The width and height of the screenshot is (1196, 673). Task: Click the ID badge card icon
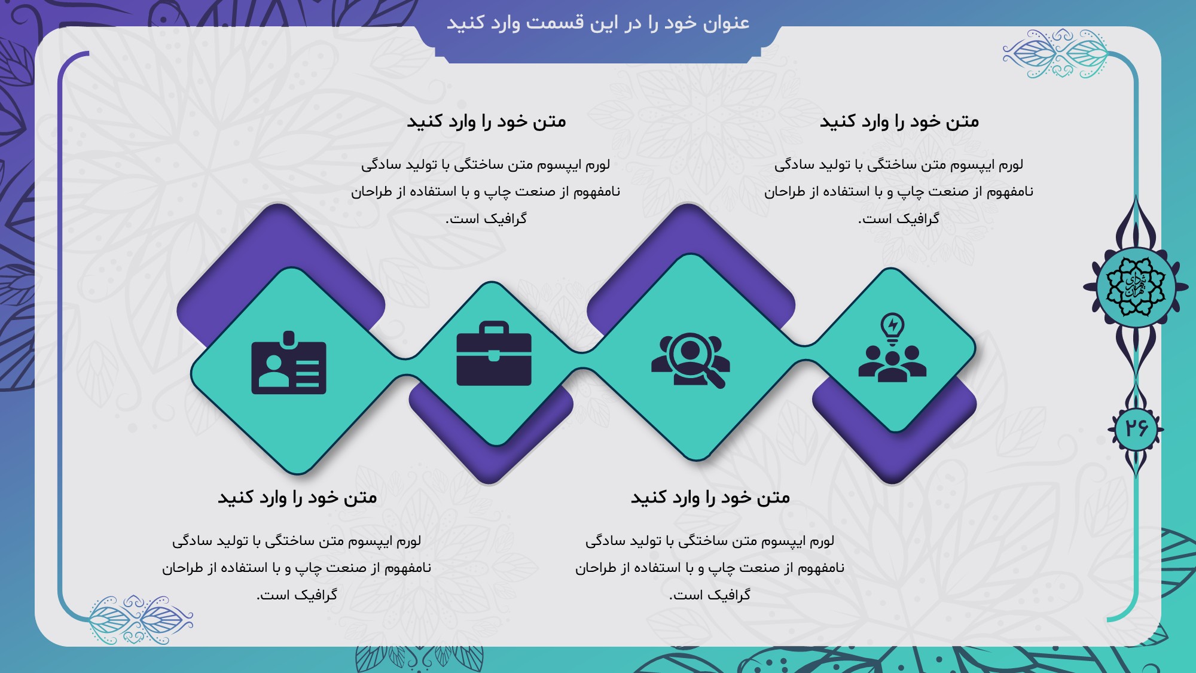point(289,363)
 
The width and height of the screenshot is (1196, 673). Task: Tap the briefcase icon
point(494,354)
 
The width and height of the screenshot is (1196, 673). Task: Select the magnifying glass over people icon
point(691,360)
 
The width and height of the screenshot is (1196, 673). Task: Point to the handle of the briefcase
point(494,328)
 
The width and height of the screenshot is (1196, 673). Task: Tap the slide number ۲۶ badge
point(1136,428)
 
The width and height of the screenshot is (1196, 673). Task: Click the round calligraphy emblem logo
point(1135,287)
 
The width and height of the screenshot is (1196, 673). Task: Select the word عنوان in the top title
point(726,23)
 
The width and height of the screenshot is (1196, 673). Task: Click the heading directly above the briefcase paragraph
point(486,121)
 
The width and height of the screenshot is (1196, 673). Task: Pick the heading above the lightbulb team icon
point(899,121)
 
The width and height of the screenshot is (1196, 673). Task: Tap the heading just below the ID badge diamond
point(297,498)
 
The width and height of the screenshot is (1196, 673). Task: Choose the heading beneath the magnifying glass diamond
point(710,498)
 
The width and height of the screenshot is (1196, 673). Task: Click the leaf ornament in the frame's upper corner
point(1056,54)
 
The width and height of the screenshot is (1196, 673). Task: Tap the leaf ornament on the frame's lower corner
point(141,620)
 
